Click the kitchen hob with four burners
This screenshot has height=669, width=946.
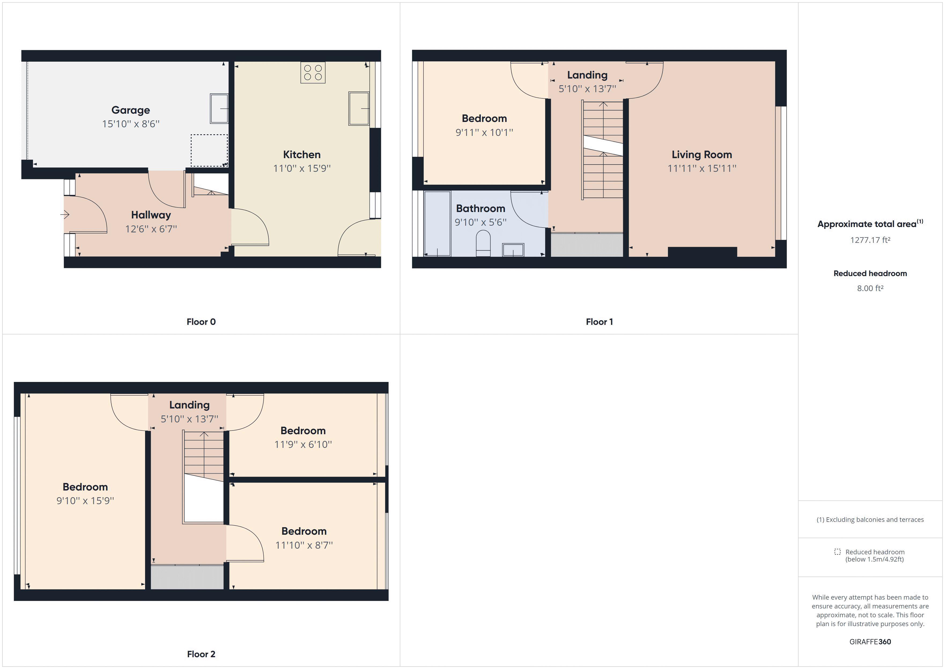(x=313, y=73)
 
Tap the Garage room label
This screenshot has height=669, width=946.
(x=131, y=110)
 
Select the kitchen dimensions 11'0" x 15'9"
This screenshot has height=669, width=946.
(x=302, y=168)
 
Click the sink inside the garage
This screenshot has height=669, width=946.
(x=219, y=108)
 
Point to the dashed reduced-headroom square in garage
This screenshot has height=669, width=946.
(x=209, y=150)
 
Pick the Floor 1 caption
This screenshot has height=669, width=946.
(x=599, y=322)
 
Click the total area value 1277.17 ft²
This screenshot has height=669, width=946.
(x=870, y=240)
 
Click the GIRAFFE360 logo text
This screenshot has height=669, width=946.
(x=870, y=641)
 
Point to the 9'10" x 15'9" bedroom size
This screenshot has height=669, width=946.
(x=85, y=500)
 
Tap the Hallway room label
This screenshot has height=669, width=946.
(x=151, y=215)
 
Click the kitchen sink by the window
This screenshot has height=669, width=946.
(x=359, y=108)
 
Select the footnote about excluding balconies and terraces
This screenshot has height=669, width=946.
(x=870, y=519)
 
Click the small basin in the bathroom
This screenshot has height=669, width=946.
(x=513, y=250)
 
